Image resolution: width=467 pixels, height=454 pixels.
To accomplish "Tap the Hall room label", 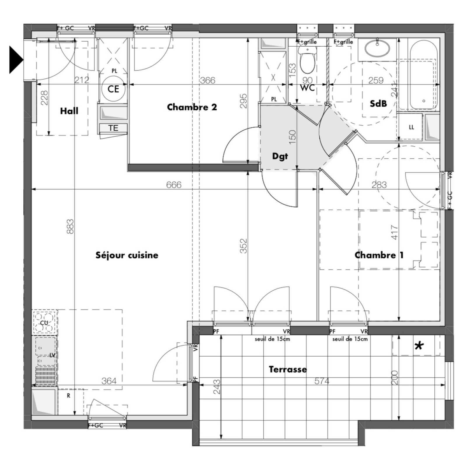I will [x=69, y=111].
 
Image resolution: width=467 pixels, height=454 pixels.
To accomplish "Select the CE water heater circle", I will [x=113, y=89].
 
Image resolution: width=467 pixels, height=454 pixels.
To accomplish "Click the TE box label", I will [x=113, y=128].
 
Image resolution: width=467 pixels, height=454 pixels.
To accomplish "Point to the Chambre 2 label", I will [x=192, y=107].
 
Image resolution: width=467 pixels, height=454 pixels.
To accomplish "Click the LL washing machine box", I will [x=411, y=127].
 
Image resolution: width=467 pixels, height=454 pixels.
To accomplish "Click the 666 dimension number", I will [x=174, y=185].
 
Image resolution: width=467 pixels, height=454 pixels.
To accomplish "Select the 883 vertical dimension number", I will [x=70, y=227].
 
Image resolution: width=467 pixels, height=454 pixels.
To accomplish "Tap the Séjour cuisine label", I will [x=127, y=255].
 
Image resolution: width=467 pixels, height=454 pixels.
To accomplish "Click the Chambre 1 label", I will [x=379, y=255].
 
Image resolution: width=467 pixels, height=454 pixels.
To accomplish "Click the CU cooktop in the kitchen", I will [x=44, y=322].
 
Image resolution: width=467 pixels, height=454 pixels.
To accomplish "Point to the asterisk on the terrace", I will [x=419, y=346].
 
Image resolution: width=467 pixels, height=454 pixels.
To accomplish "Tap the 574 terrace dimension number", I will [x=322, y=381].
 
